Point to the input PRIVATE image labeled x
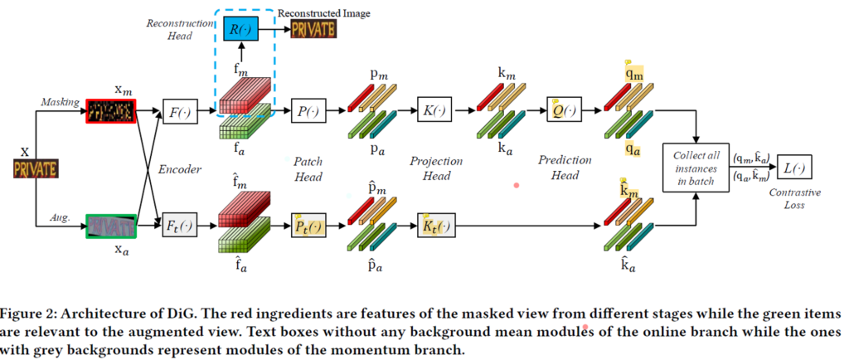click(34, 170)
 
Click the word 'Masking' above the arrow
click(61, 102)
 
